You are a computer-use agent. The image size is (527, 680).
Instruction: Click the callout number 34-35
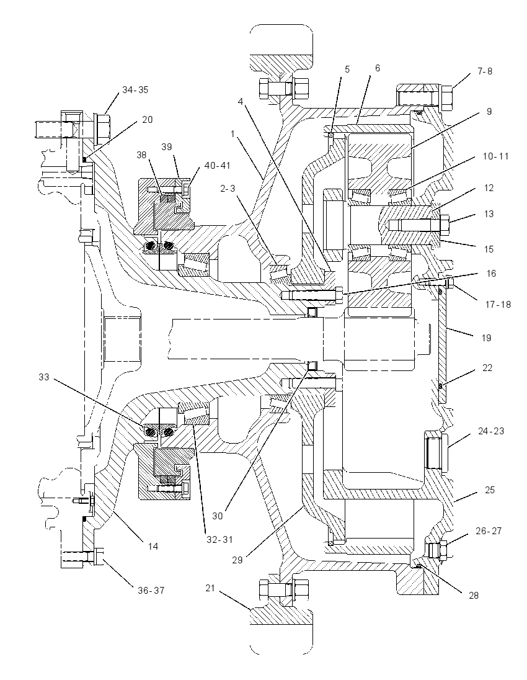[135, 90]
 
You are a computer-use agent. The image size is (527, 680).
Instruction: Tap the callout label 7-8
[485, 71]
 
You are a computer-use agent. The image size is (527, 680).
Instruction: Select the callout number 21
[210, 588]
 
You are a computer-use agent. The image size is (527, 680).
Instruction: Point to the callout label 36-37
[151, 590]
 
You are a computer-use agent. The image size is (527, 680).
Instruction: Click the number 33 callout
[44, 377]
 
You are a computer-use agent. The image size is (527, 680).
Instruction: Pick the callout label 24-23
[492, 431]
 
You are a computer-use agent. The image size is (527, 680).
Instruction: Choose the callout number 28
[474, 595]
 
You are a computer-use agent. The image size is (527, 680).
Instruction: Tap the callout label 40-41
[217, 165]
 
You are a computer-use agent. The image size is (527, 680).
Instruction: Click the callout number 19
[486, 338]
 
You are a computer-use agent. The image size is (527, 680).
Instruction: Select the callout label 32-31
[219, 540]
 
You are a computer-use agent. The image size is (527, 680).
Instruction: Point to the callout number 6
[378, 68]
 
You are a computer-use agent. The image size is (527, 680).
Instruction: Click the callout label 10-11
[495, 156]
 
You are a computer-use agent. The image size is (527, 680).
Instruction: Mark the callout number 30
[217, 516]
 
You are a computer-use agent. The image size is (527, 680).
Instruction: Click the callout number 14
[153, 547]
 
